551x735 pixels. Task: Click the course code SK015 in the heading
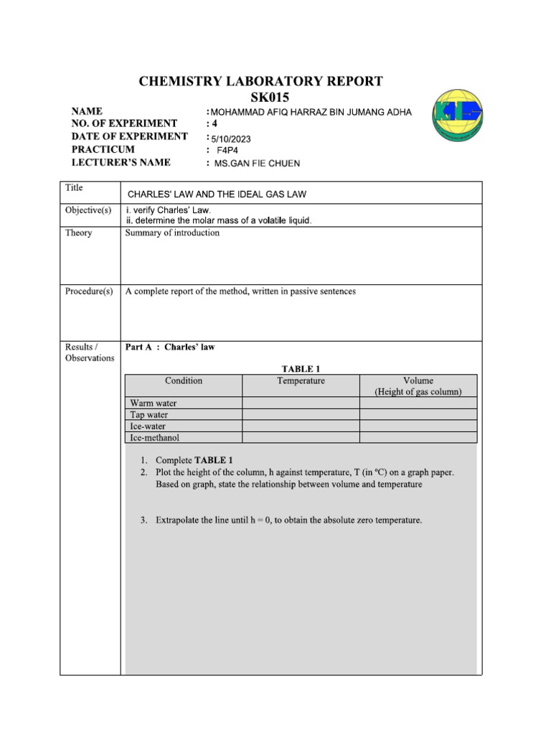tap(260, 97)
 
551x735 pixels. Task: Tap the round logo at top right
tap(457, 116)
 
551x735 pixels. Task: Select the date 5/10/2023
tap(231, 139)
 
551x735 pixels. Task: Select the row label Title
tap(74, 188)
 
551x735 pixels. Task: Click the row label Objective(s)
tap(88, 210)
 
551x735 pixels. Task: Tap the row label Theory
tap(78, 233)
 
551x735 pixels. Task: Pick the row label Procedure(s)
tap(89, 291)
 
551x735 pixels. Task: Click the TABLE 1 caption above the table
tap(301, 369)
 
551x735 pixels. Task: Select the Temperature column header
tap(301, 380)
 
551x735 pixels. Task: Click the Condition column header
tap(184, 380)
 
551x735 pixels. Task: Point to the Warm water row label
tap(153, 403)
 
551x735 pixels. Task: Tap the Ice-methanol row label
tap(154, 436)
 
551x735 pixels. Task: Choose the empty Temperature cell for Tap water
tap(301, 414)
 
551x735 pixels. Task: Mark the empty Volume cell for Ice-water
tap(418, 426)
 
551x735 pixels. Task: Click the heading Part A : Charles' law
tap(170, 347)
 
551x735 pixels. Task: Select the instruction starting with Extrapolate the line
tap(288, 519)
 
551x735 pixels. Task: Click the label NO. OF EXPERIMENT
tap(124, 124)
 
